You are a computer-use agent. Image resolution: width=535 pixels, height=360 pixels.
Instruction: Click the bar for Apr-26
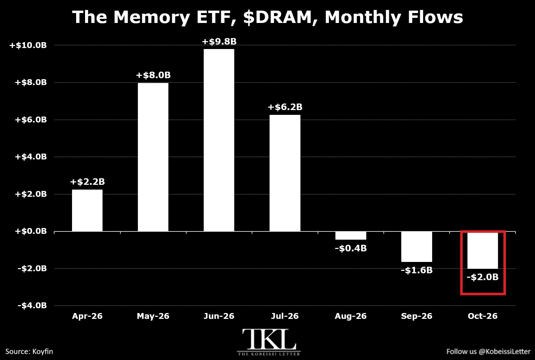pos(87,210)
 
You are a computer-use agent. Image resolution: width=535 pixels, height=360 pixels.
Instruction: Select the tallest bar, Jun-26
pos(219,140)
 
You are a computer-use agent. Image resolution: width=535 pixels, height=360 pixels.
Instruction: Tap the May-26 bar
pos(153,157)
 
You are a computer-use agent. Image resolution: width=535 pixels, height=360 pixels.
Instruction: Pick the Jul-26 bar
pos(285,173)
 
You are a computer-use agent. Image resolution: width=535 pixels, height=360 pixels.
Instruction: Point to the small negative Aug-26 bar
pos(351,236)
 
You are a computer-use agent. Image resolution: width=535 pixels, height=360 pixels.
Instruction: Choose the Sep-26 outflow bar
pos(417,247)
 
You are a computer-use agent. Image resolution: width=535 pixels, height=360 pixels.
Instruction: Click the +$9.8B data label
pos(219,41)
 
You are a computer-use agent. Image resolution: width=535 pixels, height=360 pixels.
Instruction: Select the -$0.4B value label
pos(351,248)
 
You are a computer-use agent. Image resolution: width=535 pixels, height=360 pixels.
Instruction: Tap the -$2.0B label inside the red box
pos(483,277)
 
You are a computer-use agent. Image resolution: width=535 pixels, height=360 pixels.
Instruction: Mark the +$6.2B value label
pos(285,107)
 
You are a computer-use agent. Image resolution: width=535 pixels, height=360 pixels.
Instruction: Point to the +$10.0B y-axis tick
pos(28,45)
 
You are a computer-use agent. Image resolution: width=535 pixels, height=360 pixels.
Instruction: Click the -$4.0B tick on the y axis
pos(32,305)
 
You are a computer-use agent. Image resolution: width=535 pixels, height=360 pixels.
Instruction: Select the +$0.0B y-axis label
pos(31,231)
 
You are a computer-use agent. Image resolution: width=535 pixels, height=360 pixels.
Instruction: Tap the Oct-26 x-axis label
pos(483,316)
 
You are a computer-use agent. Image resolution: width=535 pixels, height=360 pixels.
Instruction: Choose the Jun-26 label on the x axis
pos(219,316)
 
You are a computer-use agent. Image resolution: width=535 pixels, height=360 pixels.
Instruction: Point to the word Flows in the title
pos(435,17)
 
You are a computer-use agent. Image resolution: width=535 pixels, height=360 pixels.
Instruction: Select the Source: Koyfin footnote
pos(29,351)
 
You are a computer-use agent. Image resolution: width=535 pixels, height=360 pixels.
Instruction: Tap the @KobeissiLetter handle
pos(505,351)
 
